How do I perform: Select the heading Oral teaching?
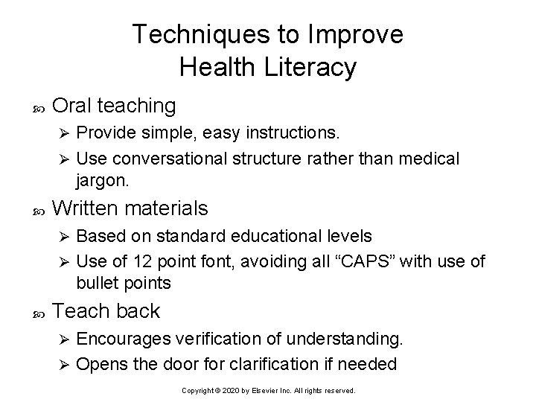115,106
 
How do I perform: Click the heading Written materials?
131,208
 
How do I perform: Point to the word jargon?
102,180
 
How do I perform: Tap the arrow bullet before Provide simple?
64,135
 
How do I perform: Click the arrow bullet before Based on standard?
64,237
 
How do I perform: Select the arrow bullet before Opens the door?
64,365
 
